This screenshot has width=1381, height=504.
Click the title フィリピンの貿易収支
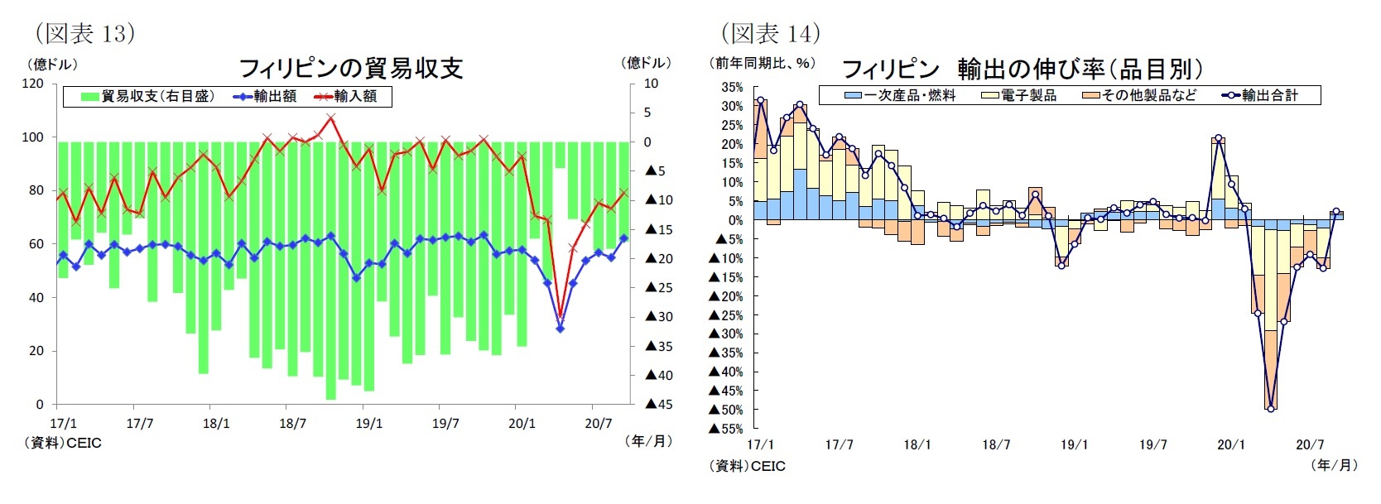[350, 68]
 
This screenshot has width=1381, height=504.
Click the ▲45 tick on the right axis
[659, 404]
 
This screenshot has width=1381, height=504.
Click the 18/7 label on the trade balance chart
[292, 424]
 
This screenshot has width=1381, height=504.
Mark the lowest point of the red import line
[561, 317]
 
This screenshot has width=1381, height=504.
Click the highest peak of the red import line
[331, 117]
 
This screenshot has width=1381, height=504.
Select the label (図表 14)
[770, 33]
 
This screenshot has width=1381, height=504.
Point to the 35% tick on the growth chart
[732, 87]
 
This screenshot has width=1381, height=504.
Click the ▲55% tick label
[726, 429]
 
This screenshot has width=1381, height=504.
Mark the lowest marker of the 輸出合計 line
[1271, 409]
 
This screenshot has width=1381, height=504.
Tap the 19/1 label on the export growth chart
[1074, 444]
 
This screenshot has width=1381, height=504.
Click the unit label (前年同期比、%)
[762, 63]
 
